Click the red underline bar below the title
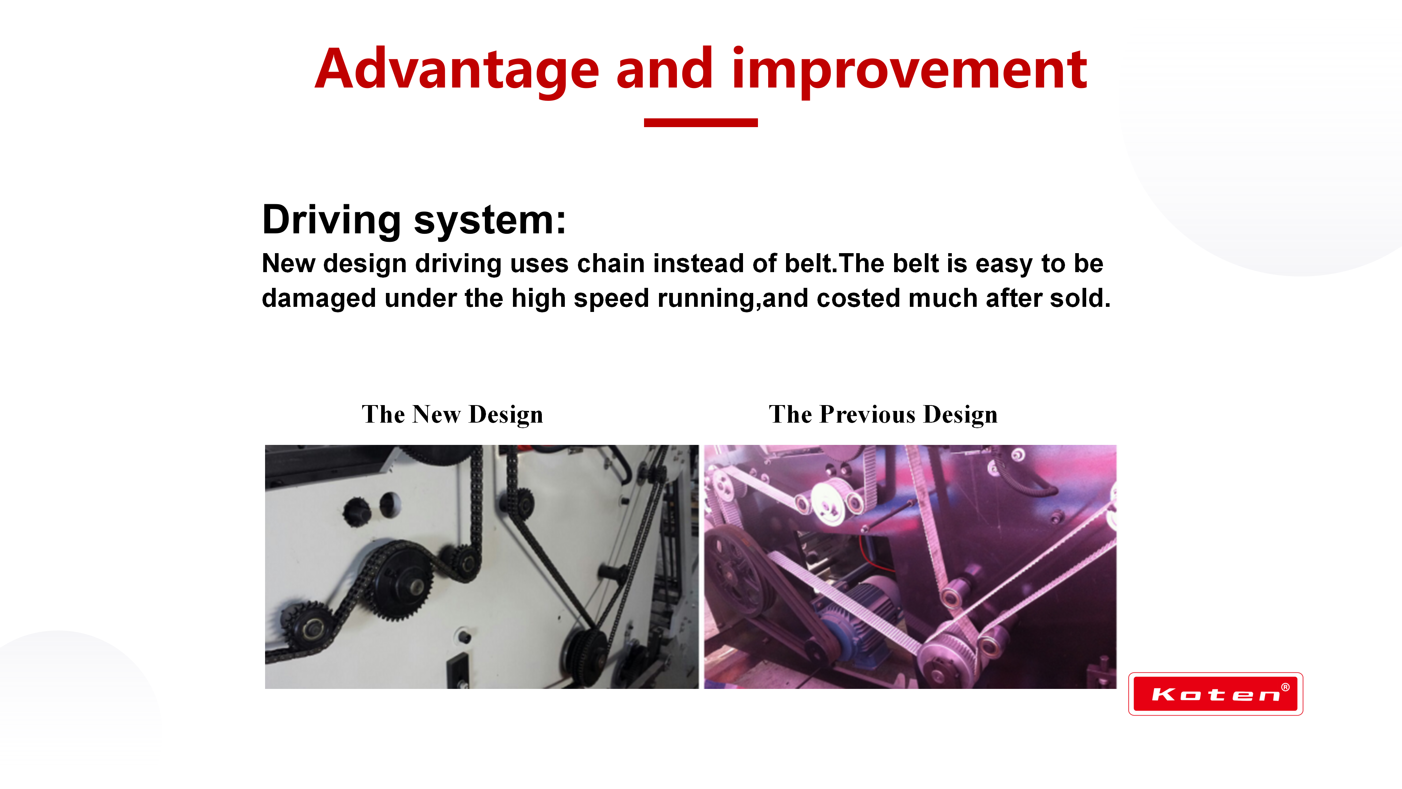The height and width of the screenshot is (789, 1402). point(701,122)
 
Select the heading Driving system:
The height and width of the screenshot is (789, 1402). point(414,220)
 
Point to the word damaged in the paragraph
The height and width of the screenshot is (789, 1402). point(319,299)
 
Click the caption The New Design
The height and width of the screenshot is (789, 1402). point(452,415)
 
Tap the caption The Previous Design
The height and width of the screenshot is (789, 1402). point(883,415)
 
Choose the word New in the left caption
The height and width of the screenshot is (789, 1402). point(436,415)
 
